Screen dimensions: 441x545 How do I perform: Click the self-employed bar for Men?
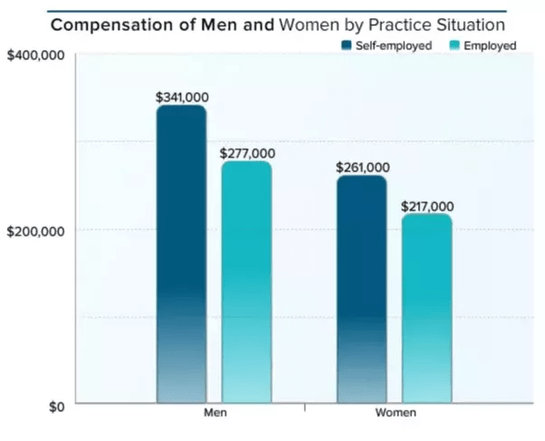[x=181, y=254]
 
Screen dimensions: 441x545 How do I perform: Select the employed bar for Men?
[x=246, y=282]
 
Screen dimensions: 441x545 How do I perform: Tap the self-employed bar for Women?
[x=361, y=289]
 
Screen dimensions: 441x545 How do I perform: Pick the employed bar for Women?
[x=426, y=308]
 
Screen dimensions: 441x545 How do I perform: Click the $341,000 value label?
[x=182, y=96]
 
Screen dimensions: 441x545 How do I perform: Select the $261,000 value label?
[x=362, y=167]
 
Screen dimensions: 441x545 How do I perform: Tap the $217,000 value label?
[x=427, y=206]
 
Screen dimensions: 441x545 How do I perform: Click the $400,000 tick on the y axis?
[x=34, y=56]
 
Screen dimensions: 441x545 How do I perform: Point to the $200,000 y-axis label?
[x=34, y=230]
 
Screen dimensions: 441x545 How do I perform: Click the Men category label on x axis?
[x=215, y=413]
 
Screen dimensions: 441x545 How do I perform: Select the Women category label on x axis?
[x=395, y=413]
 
